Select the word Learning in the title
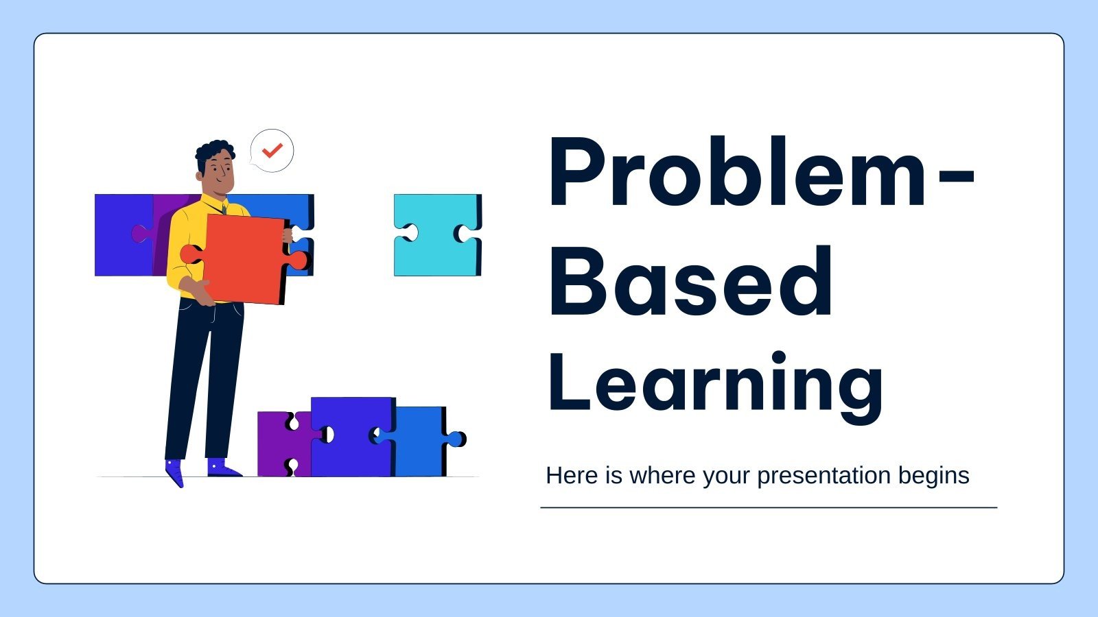pyautogui.click(x=715, y=384)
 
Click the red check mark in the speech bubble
pyautogui.click(x=272, y=150)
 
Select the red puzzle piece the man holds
pyautogui.click(x=244, y=259)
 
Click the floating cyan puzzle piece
pyautogui.click(x=437, y=235)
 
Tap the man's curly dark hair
pyautogui.click(x=213, y=152)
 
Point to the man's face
pyautogui.click(x=221, y=173)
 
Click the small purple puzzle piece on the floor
pyautogui.click(x=276, y=444)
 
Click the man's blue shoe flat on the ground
pyautogui.click(x=222, y=468)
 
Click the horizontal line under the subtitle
pyautogui.click(x=769, y=508)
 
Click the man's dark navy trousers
pyautogui.click(x=206, y=377)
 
